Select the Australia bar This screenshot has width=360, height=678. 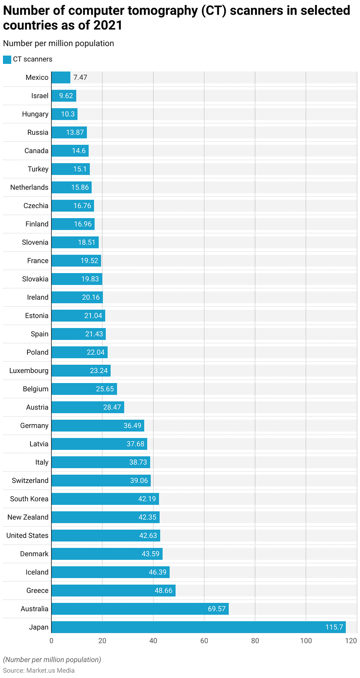click(x=140, y=609)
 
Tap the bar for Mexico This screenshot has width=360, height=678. click(x=61, y=77)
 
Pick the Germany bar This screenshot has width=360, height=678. click(x=98, y=425)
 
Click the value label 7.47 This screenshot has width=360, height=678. click(x=80, y=77)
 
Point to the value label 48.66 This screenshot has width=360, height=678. click(x=164, y=591)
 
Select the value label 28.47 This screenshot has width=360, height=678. click(x=112, y=407)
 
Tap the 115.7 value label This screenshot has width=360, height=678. click(x=334, y=627)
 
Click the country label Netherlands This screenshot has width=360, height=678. click(x=29, y=187)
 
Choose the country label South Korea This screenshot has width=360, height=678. click(x=29, y=499)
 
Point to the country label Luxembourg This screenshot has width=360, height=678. click(x=29, y=370)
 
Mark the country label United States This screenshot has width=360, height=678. click(x=27, y=535)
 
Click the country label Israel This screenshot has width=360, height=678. click(x=40, y=96)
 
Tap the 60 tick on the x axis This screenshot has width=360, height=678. click(x=204, y=641)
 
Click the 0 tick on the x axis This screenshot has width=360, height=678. click(x=51, y=641)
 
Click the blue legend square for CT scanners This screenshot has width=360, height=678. click(x=7, y=60)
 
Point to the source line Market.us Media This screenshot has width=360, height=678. click(x=39, y=670)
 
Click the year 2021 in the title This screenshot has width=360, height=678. click(x=108, y=25)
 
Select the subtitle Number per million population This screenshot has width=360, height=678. click(x=58, y=43)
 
